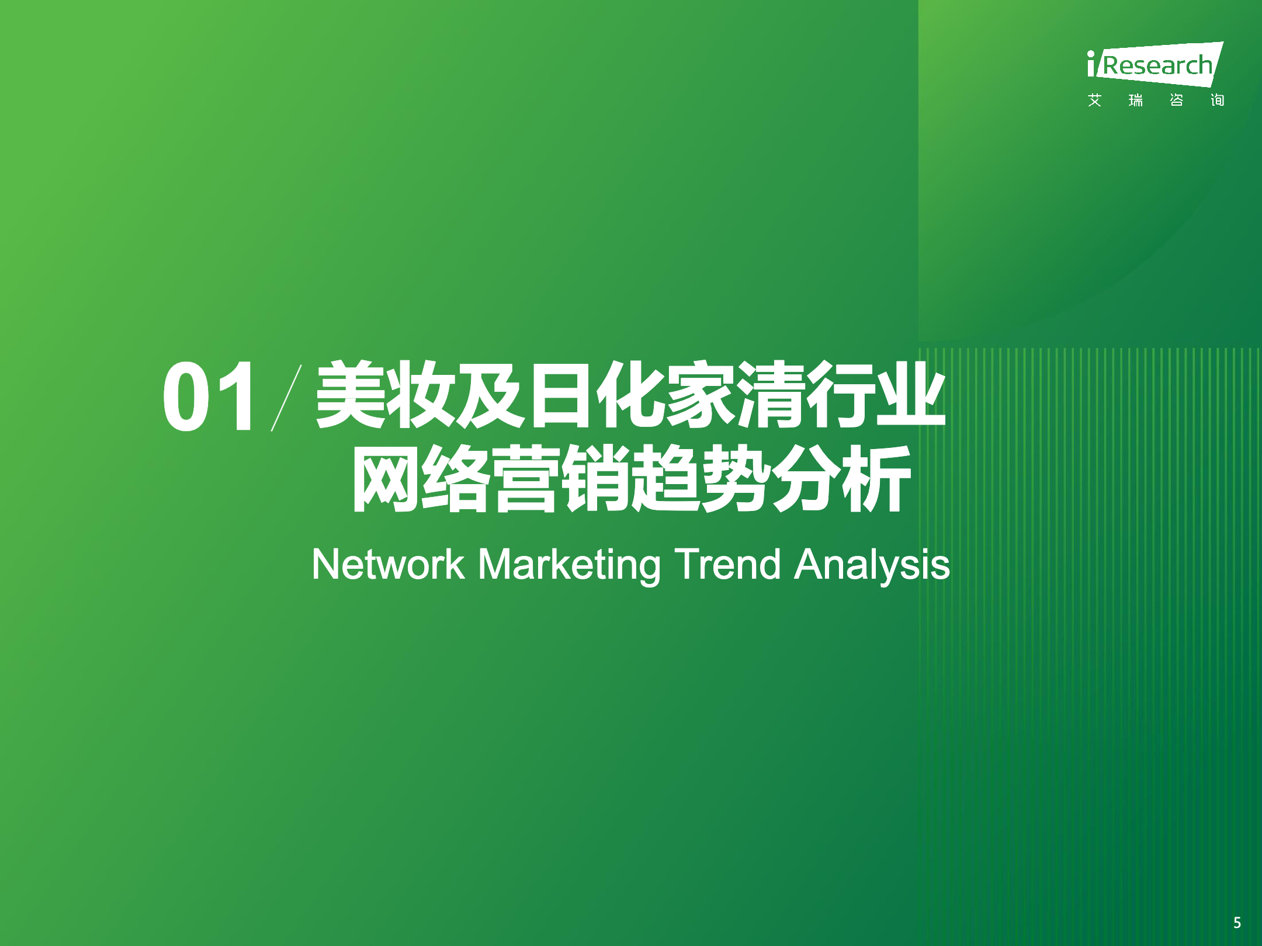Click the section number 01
click(x=209, y=397)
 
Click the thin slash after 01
click(x=286, y=398)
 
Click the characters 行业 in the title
click(x=876, y=395)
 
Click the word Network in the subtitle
click(x=388, y=564)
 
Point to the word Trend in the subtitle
click(x=727, y=564)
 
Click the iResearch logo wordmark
click(x=1155, y=64)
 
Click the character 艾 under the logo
click(x=1095, y=100)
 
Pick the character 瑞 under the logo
click(x=1136, y=100)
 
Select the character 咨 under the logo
click(x=1177, y=100)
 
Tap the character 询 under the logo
click(x=1217, y=100)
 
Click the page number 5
click(x=1237, y=923)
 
